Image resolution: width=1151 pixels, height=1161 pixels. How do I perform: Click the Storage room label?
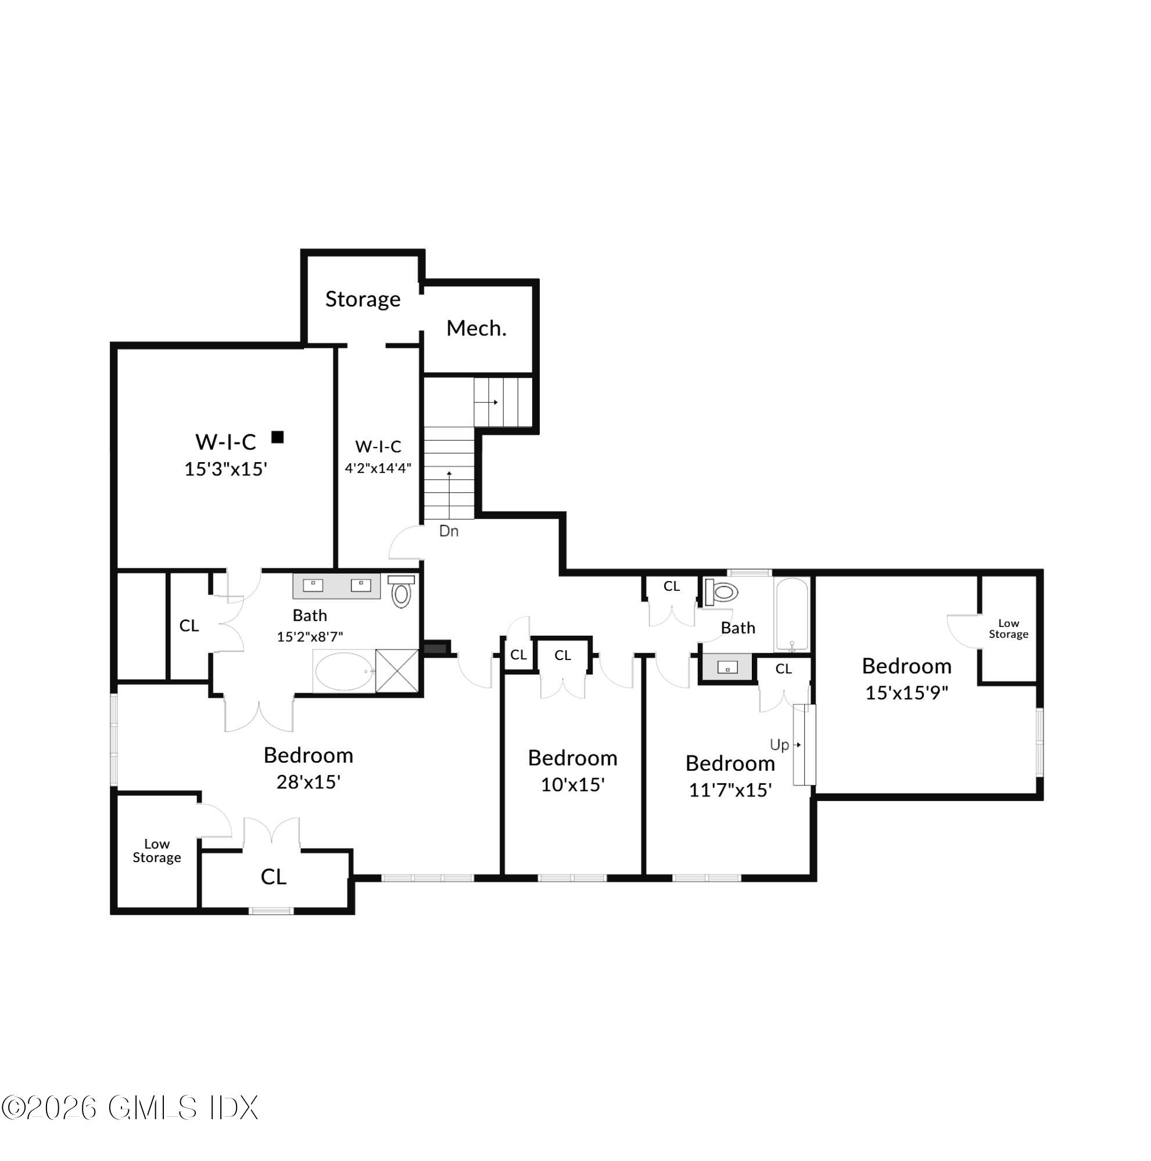362,298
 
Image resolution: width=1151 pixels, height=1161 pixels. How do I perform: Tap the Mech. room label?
476,328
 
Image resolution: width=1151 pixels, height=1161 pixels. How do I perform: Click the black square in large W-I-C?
277,437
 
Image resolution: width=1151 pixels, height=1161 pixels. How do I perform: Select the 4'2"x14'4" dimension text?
378,468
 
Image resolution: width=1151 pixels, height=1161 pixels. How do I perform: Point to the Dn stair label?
449,531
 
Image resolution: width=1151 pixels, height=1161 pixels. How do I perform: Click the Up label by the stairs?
779,745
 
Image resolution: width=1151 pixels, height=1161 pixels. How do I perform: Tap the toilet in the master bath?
401,592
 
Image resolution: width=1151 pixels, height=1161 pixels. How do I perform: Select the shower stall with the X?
397,670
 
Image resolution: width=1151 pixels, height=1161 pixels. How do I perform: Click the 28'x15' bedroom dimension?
308,782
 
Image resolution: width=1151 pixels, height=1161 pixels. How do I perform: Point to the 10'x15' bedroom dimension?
572,785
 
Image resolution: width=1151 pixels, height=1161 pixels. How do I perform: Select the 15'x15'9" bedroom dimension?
906,693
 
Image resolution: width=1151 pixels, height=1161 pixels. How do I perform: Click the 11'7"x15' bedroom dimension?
729,789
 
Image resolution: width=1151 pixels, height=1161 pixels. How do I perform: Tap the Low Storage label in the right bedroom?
1008,629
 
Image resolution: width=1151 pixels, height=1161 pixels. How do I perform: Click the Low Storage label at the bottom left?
156,851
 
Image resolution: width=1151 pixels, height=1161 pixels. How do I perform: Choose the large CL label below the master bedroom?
273,877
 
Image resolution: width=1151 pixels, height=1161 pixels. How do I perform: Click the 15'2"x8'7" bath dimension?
309,637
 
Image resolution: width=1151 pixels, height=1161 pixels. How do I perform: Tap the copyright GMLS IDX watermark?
130,1108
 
